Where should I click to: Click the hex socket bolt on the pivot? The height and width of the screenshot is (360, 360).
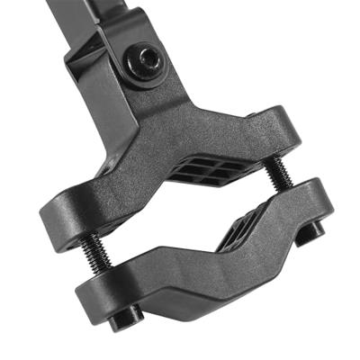pos(145,63)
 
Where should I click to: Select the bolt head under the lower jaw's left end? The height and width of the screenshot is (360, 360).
pos(125,316)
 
